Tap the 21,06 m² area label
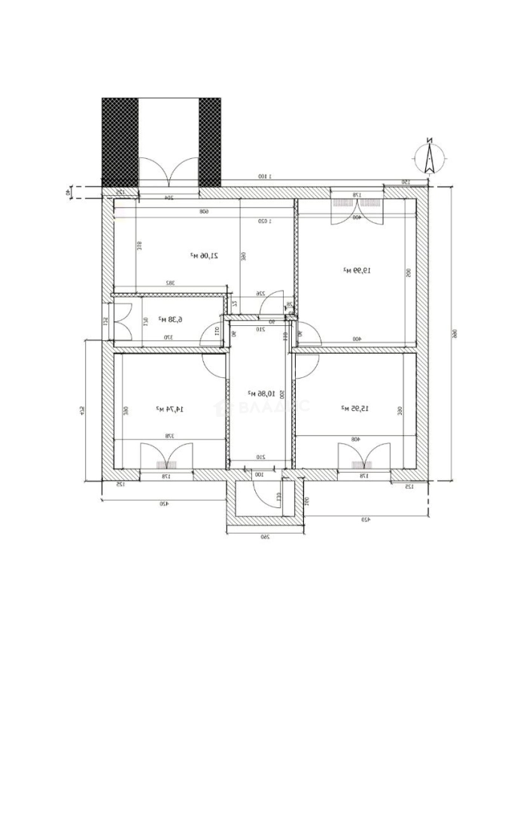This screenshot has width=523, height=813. tap(204, 256)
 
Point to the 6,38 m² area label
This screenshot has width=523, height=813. tap(171, 319)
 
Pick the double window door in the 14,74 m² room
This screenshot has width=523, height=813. tap(163, 458)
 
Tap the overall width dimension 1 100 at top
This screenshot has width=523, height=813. tap(263, 176)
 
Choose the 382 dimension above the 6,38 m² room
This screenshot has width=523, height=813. tap(171, 283)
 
